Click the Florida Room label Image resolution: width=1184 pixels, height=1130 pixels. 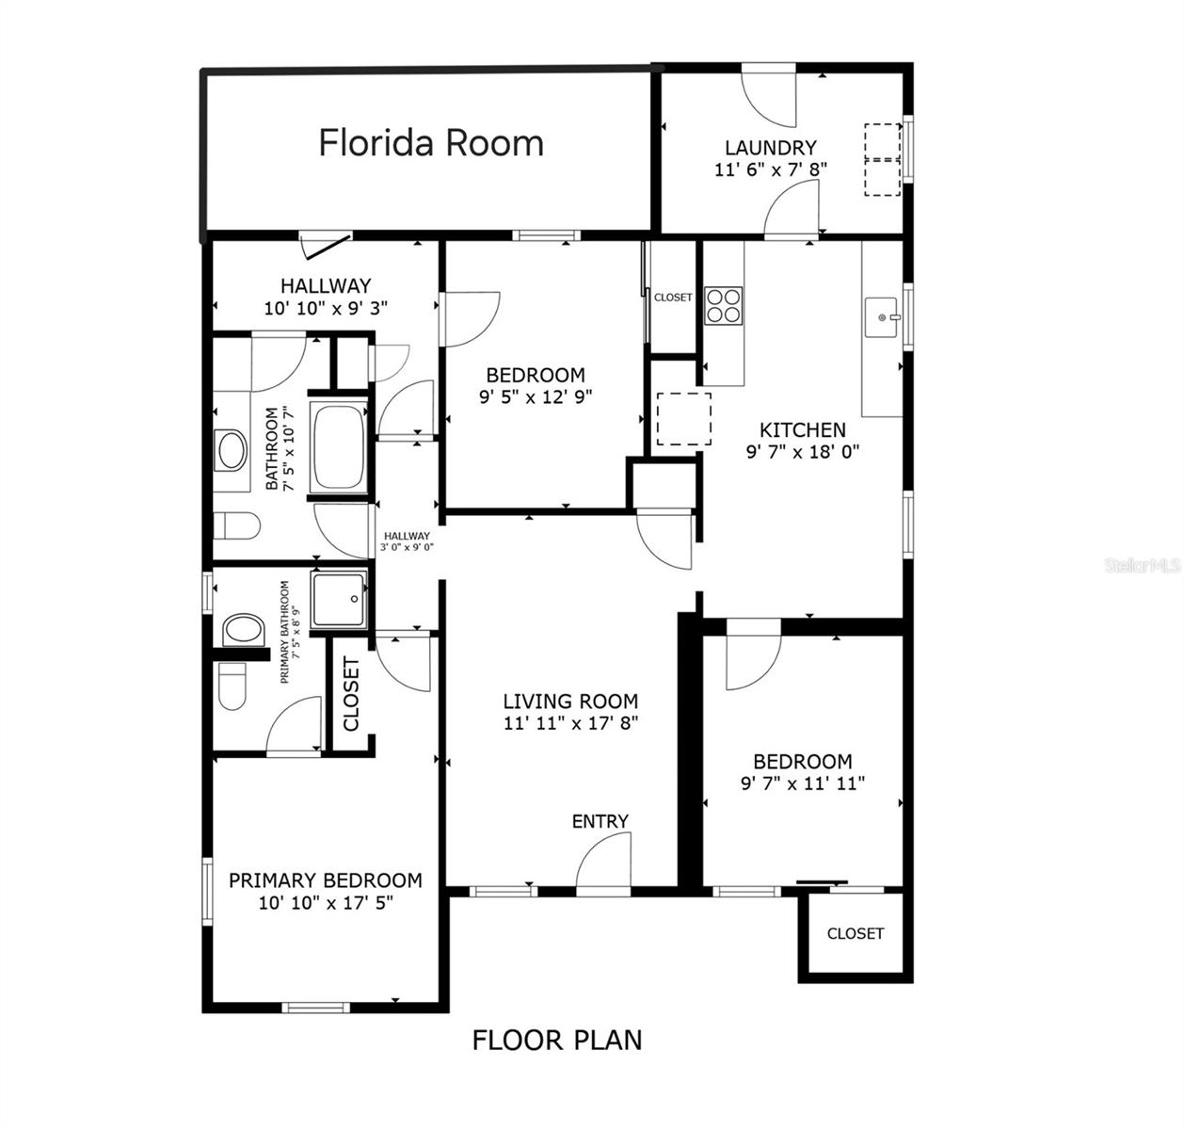pos(431,143)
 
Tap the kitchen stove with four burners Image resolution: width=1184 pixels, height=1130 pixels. pos(724,306)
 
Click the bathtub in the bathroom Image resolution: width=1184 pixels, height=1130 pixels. pos(339,447)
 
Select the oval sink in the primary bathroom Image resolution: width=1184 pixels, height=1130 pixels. pos(243,629)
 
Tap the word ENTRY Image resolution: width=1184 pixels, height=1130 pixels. pos(600,821)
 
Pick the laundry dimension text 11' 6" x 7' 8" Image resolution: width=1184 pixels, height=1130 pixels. pos(770,169)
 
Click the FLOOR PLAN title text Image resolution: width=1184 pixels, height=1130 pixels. pos(557,1041)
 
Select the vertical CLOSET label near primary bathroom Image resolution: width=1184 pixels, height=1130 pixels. pos(352,694)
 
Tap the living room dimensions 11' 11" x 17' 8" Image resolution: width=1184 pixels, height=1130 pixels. pos(570,723)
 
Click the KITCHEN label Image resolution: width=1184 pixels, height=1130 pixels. pos(803,430)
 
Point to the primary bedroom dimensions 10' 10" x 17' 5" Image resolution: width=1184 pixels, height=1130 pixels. pos(325,902)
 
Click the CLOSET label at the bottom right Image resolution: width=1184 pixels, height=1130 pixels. pos(855,933)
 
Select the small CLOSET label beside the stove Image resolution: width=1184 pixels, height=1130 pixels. pos(673,298)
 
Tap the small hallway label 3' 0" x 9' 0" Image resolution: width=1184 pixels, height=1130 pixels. pos(407,546)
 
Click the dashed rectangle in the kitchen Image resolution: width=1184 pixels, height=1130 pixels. pos(683,419)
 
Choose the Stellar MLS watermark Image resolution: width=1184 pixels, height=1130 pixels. pos(1143,566)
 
